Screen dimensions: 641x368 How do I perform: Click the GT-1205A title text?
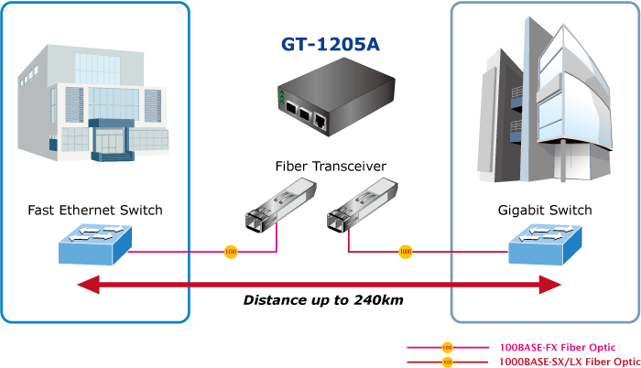(331, 44)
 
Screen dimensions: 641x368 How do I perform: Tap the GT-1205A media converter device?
(336, 97)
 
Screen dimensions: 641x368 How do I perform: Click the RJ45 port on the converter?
(320, 120)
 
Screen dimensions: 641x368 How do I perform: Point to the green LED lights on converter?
(282, 98)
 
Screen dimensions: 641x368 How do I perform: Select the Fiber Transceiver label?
(331, 167)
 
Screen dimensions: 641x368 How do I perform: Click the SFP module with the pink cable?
(281, 205)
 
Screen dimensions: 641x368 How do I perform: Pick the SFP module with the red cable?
(363, 205)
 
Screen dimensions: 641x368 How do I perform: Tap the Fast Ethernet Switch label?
(95, 211)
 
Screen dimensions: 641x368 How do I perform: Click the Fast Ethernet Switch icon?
(95, 244)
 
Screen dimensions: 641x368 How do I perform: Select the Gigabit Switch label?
(545, 211)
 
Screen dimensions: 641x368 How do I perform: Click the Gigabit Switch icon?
(545, 244)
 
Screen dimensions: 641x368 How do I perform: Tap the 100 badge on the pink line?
(231, 252)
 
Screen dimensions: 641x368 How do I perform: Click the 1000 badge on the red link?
(405, 252)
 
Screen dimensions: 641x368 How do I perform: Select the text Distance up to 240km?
(323, 300)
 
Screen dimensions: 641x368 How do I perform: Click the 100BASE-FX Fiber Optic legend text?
(558, 348)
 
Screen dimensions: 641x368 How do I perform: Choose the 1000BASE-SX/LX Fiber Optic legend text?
(570, 362)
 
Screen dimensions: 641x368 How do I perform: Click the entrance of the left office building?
(112, 140)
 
